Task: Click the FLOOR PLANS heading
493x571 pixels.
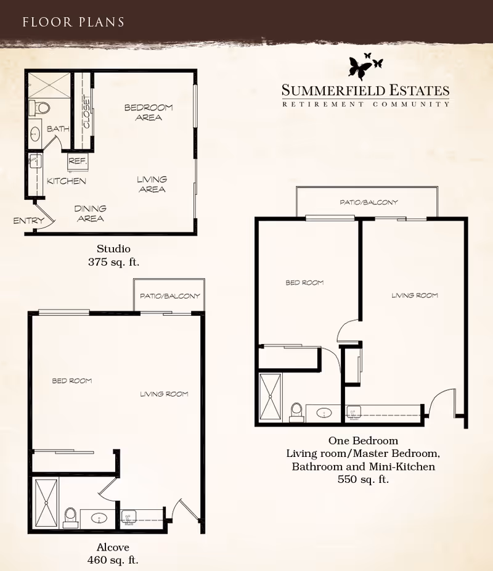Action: point(73,22)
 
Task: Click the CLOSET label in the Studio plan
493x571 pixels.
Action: point(87,112)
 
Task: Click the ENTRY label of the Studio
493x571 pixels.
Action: point(28,220)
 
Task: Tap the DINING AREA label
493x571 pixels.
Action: point(90,213)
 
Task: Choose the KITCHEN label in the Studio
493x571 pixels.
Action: point(67,181)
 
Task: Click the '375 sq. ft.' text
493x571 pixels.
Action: point(113,262)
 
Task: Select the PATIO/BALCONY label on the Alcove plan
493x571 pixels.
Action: point(170,296)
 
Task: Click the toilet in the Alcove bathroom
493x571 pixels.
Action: point(70,518)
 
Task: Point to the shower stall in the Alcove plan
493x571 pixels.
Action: point(46,503)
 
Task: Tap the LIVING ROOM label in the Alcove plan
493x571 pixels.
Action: point(164,394)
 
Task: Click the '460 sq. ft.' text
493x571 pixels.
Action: point(113,560)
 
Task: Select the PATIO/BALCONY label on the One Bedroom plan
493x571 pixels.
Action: point(369,202)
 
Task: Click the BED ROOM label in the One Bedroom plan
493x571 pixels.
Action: point(304,282)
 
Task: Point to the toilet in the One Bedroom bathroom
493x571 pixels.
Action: point(297,413)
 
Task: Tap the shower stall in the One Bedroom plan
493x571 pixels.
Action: point(271,396)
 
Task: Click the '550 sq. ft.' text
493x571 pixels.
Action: point(363,479)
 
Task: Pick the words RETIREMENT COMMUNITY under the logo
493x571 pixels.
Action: point(365,104)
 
